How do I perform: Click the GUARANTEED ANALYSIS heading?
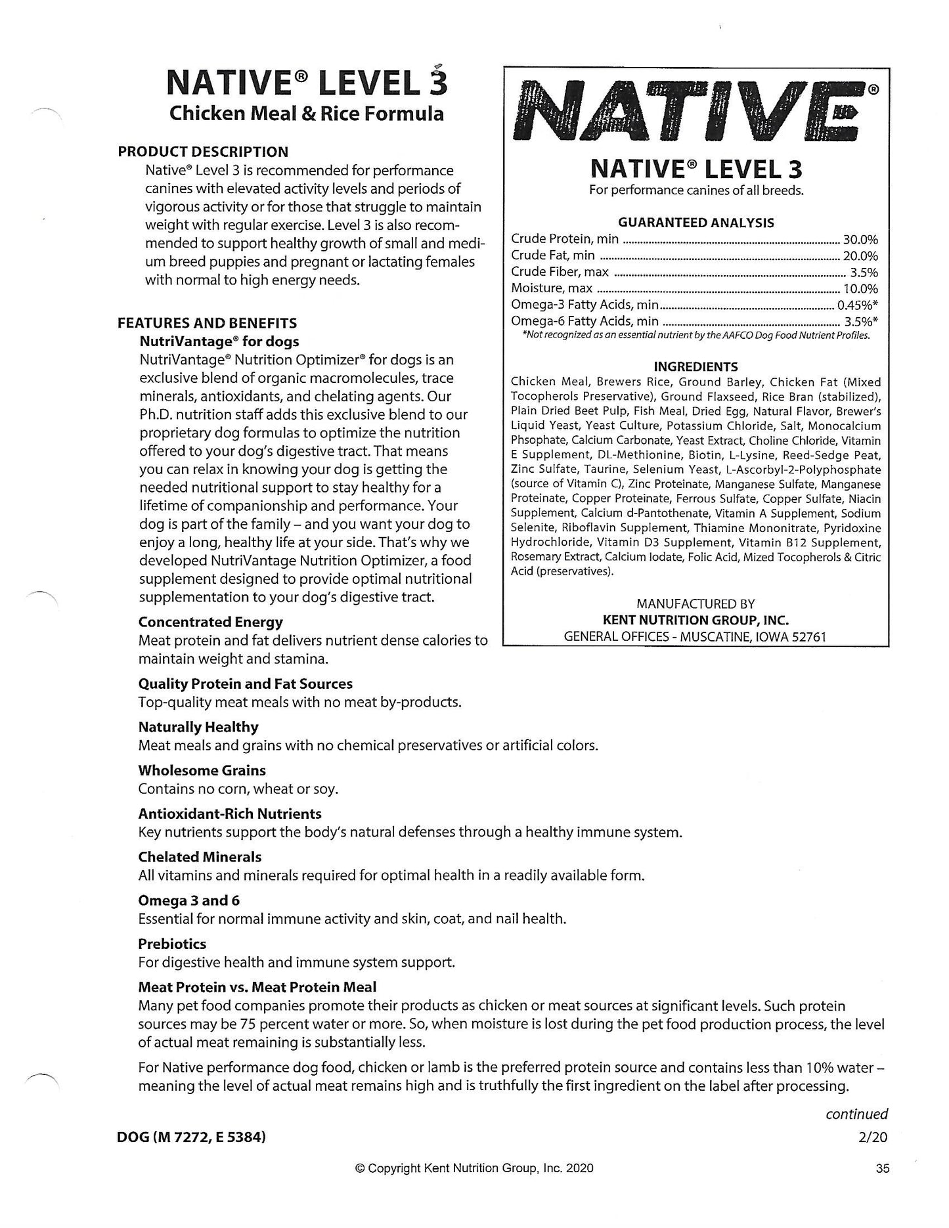[x=695, y=223]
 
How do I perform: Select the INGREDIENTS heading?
[x=695, y=367]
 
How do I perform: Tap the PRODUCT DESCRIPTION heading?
[x=203, y=152]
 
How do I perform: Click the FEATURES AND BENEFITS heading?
[x=207, y=323]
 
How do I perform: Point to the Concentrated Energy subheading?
[x=210, y=622]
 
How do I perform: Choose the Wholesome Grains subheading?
[x=202, y=770]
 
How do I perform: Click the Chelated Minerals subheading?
[x=200, y=857]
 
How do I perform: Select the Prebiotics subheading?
[x=172, y=944]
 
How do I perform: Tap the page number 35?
[x=882, y=1168]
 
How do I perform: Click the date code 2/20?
[x=873, y=1137]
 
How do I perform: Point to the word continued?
[x=856, y=1114]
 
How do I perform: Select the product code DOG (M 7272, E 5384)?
[x=192, y=1137]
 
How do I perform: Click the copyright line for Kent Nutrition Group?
[x=474, y=1168]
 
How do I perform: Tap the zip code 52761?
[x=807, y=637]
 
